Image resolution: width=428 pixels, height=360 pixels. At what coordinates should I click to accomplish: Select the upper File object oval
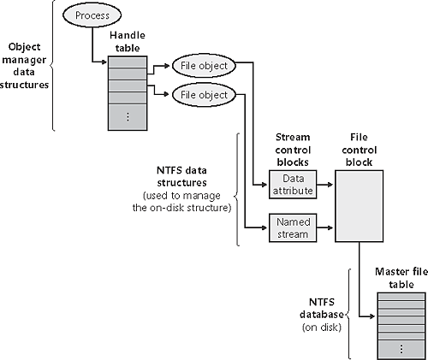(x=201, y=65)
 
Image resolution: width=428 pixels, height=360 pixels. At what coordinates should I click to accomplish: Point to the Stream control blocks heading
(x=292, y=148)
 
